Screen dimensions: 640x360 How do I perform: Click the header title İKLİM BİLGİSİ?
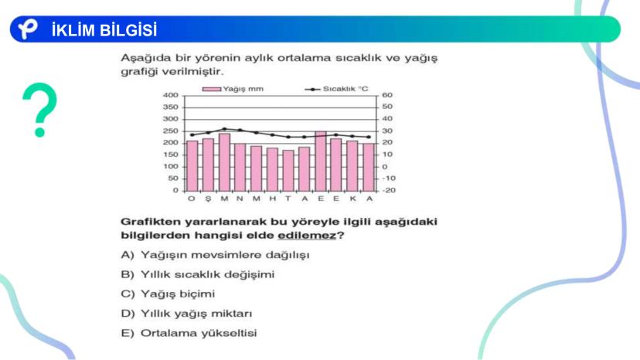point(104,30)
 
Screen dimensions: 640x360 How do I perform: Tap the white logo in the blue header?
point(28,29)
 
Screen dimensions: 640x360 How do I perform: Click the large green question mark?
point(40,110)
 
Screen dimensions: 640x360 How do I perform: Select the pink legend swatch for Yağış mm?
point(212,89)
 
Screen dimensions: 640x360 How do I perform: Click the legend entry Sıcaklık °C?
point(337,89)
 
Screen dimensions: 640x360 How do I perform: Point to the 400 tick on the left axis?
point(171,95)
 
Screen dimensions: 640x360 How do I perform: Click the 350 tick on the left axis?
point(171,107)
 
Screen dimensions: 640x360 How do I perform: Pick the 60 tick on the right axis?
point(387,95)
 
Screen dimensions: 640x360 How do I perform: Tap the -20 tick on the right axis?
point(389,190)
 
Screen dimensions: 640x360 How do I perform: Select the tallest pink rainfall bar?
point(321,161)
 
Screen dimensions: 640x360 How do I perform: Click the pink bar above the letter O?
point(192,166)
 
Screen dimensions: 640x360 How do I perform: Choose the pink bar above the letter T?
point(288,171)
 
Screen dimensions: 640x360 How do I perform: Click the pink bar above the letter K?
point(352,166)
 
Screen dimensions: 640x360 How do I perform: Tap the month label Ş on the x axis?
point(208,199)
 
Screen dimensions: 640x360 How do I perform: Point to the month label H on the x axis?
point(272,199)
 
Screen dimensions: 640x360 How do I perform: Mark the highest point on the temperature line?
point(224,129)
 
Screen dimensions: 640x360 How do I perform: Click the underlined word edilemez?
point(307,236)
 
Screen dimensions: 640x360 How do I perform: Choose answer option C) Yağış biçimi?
point(168,294)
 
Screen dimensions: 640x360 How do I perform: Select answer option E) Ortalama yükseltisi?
point(189,333)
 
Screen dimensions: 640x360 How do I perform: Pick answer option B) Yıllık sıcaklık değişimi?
point(198,274)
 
